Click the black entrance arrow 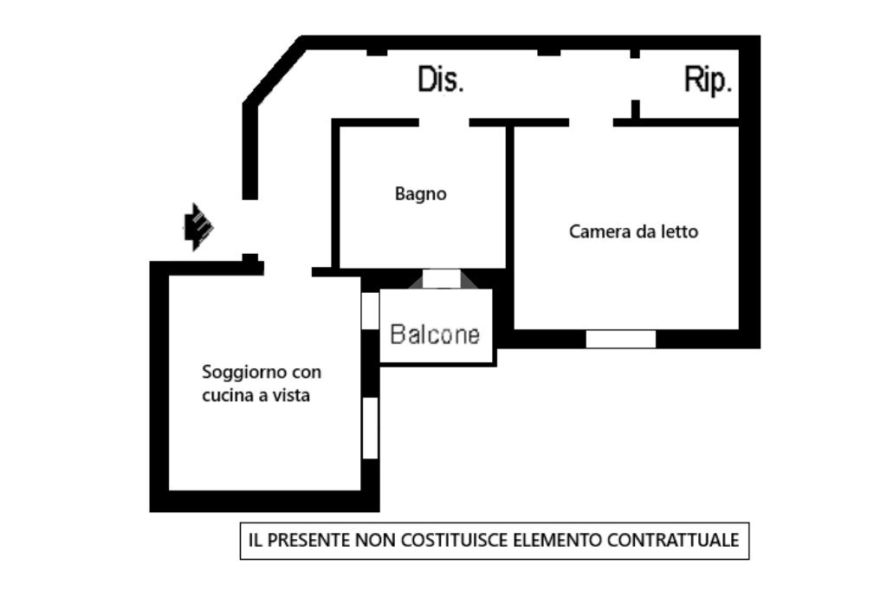[x=198, y=227]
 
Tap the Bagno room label [x=420, y=194]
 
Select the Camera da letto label [x=633, y=231]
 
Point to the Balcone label [x=435, y=334]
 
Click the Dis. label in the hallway [x=441, y=79]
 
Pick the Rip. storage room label [x=708, y=80]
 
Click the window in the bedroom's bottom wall [x=620, y=339]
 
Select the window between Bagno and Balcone [x=442, y=278]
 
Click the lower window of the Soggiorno [x=370, y=427]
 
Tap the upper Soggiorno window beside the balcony [x=370, y=310]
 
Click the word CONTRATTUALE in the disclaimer [x=673, y=540]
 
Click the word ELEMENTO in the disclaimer [x=558, y=540]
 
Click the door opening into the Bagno [x=444, y=122]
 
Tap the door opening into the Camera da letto [x=591, y=122]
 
